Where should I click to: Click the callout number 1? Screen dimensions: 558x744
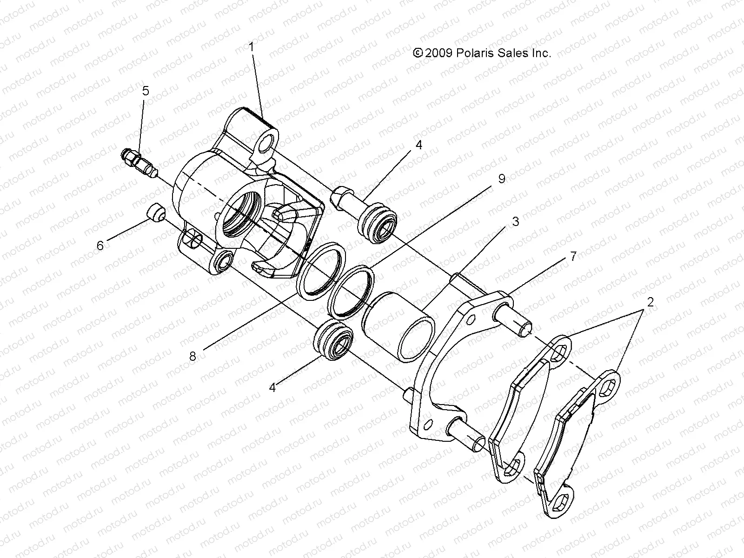tap(251, 47)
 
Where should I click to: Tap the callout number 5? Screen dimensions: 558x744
tap(146, 91)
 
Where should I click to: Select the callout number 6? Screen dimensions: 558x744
tap(100, 245)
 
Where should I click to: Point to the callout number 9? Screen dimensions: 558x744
tap(501, 179)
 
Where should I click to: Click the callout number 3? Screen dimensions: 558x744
tap(515, 221)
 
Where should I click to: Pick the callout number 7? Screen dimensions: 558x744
tap(573, 256)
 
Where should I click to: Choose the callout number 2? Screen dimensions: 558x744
tap(650, 302)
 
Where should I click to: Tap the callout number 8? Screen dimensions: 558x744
tap(193, 356)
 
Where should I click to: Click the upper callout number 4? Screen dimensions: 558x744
tap(418, 145)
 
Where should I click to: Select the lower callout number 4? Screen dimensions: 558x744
tap(272, 387)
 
